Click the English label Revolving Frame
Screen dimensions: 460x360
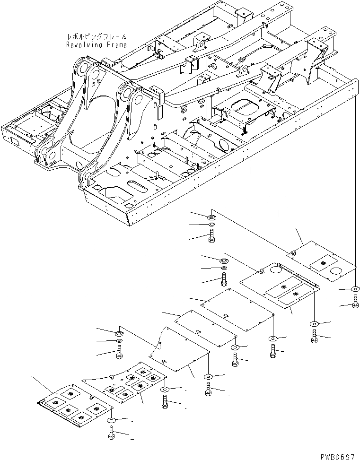point(96,45)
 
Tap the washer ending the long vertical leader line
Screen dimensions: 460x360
point(355,289)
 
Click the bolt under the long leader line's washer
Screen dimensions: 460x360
point(355,301)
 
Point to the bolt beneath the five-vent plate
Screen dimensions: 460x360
point(111,433)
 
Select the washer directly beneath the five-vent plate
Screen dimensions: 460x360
point(111,420)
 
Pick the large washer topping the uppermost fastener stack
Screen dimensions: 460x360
point(211,217)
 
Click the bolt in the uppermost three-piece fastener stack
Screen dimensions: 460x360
point(211,235)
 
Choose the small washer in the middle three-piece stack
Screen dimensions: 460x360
point(223,269)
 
